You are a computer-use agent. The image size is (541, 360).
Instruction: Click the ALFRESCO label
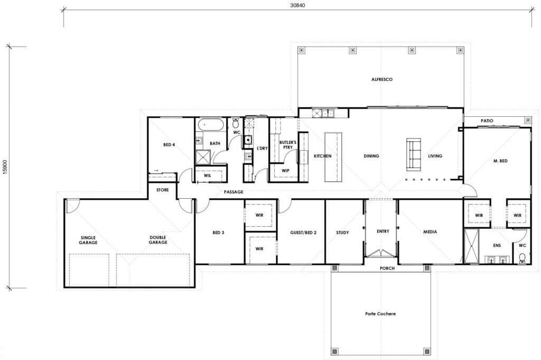point(381,79)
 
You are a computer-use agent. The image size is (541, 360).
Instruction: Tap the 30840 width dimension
point(298,5)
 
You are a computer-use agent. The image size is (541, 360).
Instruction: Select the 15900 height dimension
point(5,167)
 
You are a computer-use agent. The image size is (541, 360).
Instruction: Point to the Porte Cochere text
point(380,313)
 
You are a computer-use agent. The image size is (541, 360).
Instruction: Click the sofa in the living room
point(413,154)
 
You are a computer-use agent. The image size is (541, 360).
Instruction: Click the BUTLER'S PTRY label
point(288,145)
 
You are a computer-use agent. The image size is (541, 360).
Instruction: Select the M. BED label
point(500,161)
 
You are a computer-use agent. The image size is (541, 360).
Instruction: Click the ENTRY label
point(383,232)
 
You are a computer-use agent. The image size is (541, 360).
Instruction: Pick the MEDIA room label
point(431,232)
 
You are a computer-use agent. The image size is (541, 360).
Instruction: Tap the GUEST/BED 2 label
point(303,232)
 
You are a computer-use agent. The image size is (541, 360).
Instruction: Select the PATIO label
point(487,121)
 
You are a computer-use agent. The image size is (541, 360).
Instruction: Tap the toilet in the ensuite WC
point(521,257)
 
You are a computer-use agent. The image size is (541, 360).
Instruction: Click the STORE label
point(162,189)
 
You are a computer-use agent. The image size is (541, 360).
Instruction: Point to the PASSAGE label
point(234,192)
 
